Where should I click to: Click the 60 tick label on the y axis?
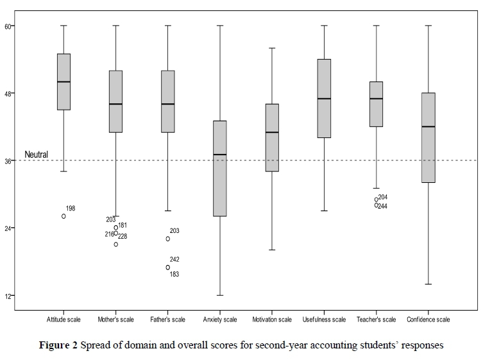pyautogui.click(x=10, y=26)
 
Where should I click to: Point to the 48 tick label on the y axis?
pyautogui.click(x=10, y=94)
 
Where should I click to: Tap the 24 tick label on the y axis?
pyautogui.click(x=10, y=228)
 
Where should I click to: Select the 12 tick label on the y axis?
pyautogui.click(x=10, y=296)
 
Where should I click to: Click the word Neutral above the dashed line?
pyautogui.click(x=37, y=155)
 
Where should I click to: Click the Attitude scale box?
pyautogui.click(x=64, y=81)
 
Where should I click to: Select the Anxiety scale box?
pyautogui.click(x=220, y=168)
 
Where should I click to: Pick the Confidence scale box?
pyautogui.click(x=428, y=138)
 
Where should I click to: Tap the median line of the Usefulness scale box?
pyautogui.click(x=324, y=99)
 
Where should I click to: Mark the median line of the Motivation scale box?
pyautogui.click(x=272, y=132)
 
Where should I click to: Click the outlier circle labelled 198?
pyautogui.click(x=64, y=216)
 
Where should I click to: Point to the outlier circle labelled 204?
pyautogui.click(x=377, y=200)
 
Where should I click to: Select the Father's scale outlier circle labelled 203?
pyautogui.click(x=168, y=239)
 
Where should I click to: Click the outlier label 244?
pyautogui.click(x=382, y=207)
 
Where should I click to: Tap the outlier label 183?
pyautogui.click(x=174, y=275)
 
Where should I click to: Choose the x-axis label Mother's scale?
pyautogui.click(x=115, y=320)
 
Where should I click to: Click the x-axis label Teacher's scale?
pyautogui.click(x=377, y=320)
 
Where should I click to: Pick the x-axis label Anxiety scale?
pyautogui.click(x=220, y=320)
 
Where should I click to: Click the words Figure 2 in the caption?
pyautogui.click(x=58, y=345)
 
